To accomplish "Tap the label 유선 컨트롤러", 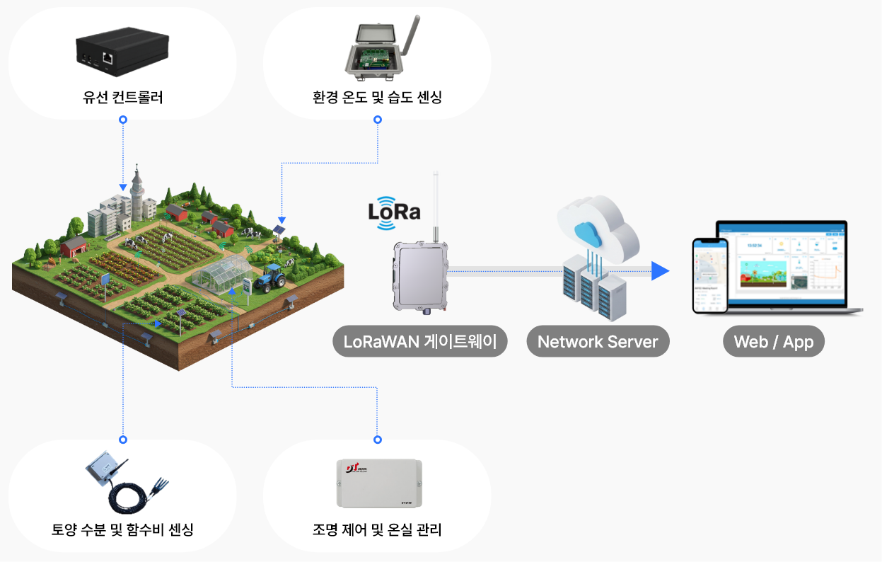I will click(122, 98).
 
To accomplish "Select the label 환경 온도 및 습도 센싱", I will click(377, 98).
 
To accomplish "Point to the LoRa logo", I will click(394, 212).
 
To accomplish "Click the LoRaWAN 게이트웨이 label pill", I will click(420, 342).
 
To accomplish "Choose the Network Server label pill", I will click(598, 342).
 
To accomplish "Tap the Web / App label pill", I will click(773, 342).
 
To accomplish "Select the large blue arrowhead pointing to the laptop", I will click(659, 270).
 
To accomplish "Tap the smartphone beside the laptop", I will click(709, 275).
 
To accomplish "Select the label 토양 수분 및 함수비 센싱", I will click(122, 529).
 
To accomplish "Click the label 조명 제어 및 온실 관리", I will click(377, 529).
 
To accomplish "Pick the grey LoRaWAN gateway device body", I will click(420, 276).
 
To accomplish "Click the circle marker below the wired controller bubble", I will click(123, 120).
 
